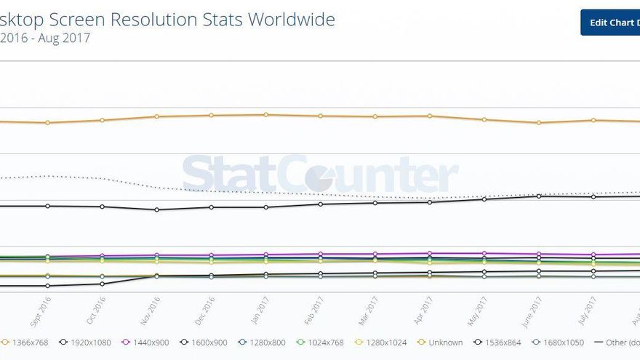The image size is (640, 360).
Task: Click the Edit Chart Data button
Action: (611, 23)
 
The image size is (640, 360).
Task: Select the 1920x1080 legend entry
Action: (87, 343)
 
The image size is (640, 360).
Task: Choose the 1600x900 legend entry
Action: (205, 343)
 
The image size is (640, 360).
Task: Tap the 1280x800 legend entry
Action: (263, 343)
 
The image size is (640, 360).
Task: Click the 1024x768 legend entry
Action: (321, 343)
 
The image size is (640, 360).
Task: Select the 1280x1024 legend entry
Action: (381, 343)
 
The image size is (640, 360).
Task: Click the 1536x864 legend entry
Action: (498, 343)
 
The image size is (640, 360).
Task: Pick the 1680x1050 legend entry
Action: (558, 343)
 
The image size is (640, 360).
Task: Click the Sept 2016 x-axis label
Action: (41, 309)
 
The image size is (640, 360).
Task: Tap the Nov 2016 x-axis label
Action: (151, 309)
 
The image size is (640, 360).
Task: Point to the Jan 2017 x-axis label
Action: (260, 309)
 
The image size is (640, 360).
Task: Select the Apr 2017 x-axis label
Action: (423, 309)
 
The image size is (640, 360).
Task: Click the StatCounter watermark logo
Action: (320, 175)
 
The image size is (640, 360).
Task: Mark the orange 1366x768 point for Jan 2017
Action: (266, 114)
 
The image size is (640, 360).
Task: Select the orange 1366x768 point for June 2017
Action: (539, 122)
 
